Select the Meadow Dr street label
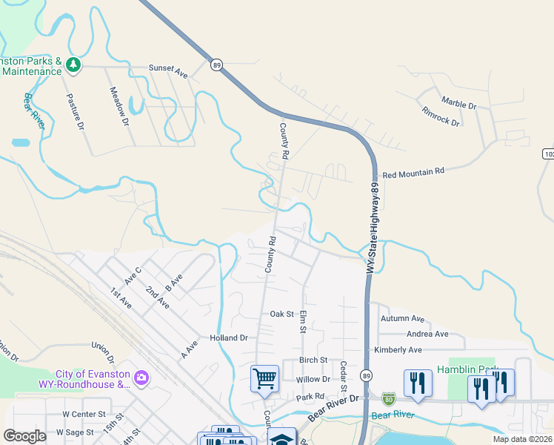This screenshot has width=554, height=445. (x=119, y=105)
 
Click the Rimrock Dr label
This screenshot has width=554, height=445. (x=441, y=116)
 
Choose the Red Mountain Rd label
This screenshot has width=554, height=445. (x=413, y=171)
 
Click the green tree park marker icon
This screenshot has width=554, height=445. (x=73, y=65)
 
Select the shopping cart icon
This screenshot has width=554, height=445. (x=264, y=378)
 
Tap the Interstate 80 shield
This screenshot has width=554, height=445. (x=390, y=400)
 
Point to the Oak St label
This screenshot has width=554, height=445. (x=282, y=314)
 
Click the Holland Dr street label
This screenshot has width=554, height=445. (x=228, y=337)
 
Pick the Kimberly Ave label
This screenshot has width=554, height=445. (x=399, y=349)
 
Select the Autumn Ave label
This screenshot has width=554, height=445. (x=402, y=319)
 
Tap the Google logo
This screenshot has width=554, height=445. (x=24, y=436)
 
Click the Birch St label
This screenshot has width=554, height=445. (x=313, y=360)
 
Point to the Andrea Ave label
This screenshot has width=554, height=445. (x=427, y=334)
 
